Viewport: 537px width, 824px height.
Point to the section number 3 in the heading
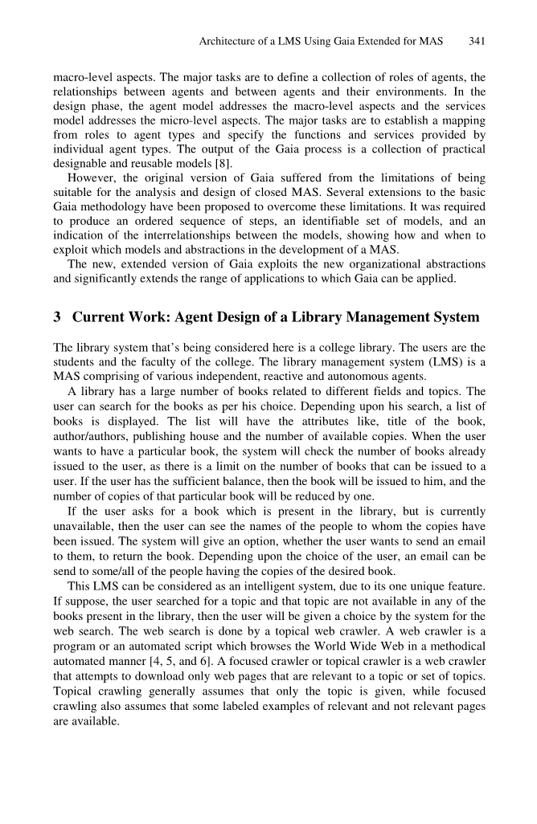pyautogui.click(x=57, y=317)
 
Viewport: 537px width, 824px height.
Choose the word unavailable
pyautogui.click(x=82, y=527)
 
